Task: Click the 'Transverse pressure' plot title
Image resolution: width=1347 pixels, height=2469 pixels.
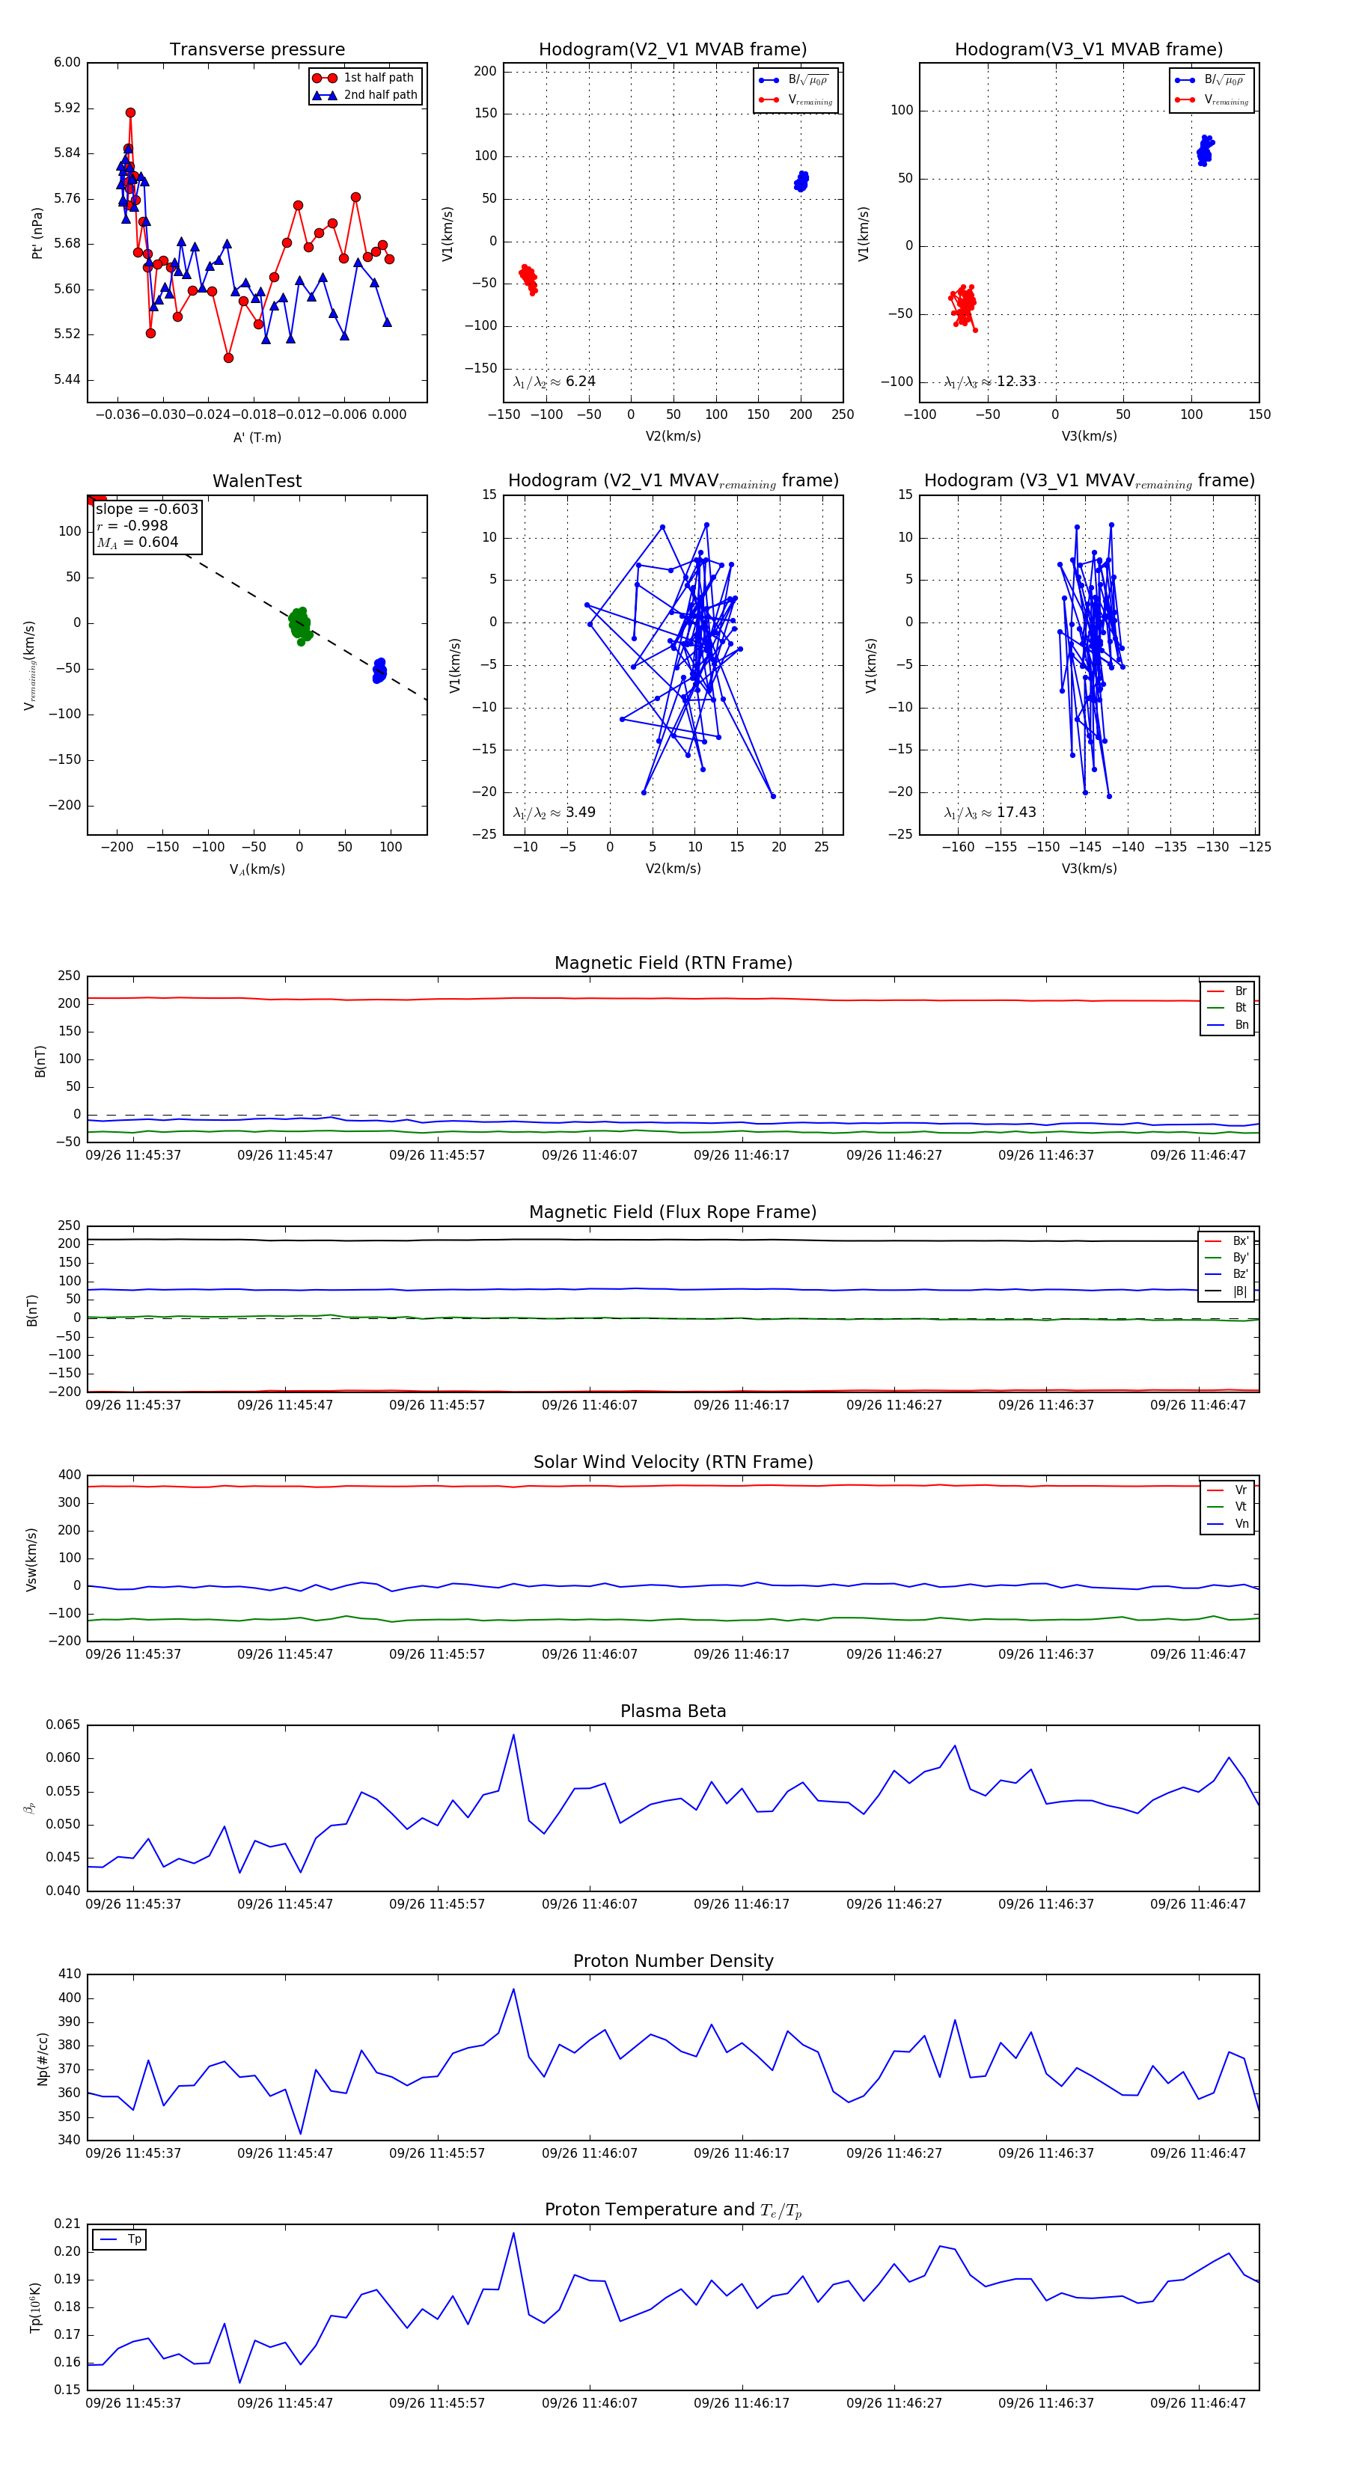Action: click(x=257, y=50)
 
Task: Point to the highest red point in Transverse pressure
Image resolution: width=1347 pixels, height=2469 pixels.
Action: click(x=130, y=113)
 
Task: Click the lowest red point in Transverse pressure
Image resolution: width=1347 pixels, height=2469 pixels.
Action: click(x=228, y=358)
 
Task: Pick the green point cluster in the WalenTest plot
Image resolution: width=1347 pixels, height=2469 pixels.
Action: click(x=300, y=624)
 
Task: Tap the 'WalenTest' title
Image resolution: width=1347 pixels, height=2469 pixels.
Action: click(x=257, y=481)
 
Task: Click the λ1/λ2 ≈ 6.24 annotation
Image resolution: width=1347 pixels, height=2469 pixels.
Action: click(x=554, y=382)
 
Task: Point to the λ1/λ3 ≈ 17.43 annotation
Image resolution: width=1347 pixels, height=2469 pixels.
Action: click(x=989, y=813)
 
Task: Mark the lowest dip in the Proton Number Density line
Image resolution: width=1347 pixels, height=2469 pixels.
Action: click(x=301, y=2134)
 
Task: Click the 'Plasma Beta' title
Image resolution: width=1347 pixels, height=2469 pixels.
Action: click(x=673, y=1711)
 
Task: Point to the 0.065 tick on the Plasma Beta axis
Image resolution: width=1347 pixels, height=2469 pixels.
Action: click(x=64, y=1725)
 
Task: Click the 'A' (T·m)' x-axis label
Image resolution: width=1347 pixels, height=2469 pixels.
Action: click(x=257, y=437)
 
